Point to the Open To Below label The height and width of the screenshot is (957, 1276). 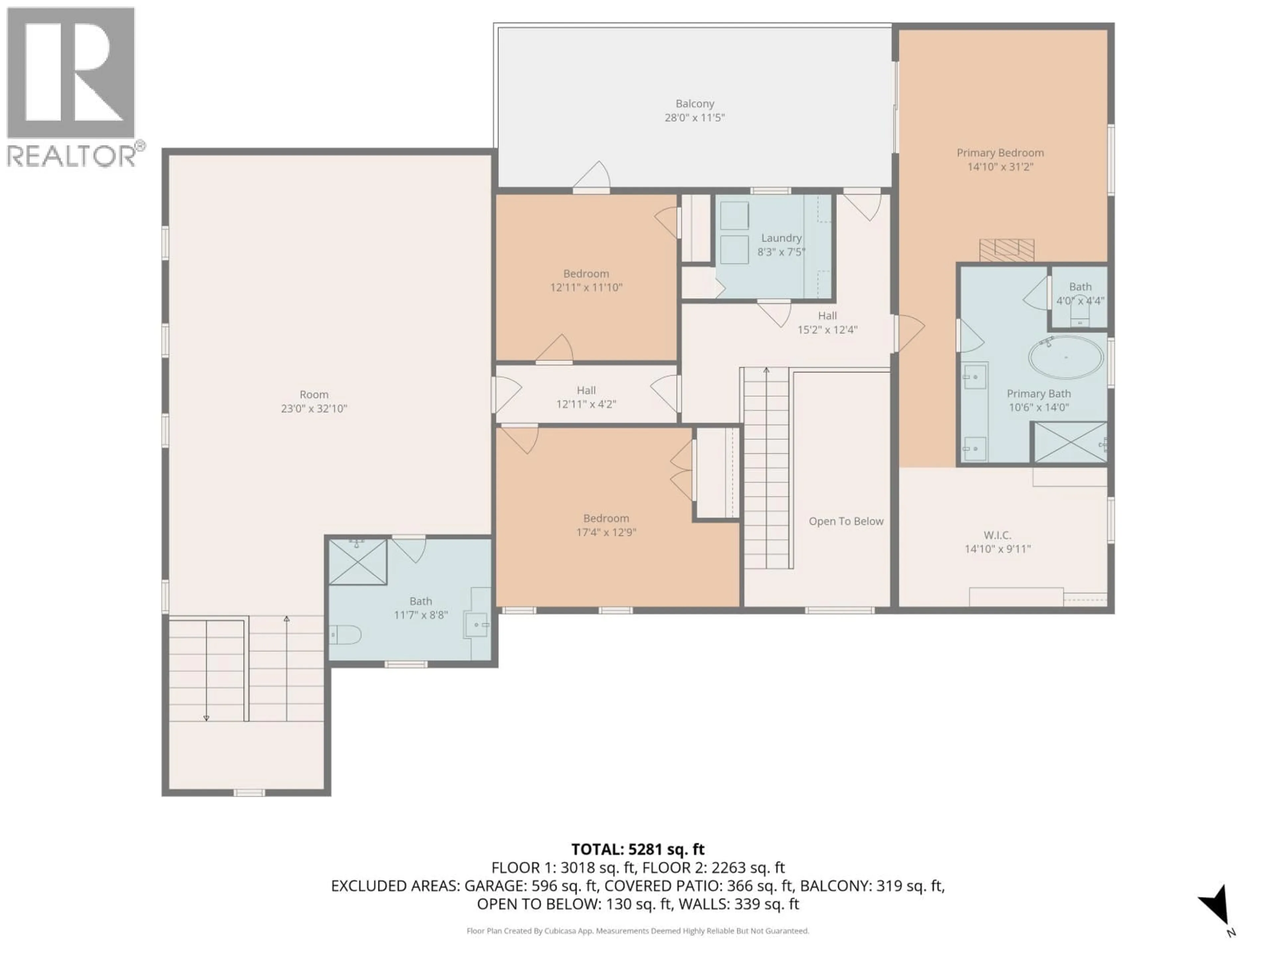[846, 521]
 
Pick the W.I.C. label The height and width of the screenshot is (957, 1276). [998, 535]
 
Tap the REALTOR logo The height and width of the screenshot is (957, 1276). [71, 86]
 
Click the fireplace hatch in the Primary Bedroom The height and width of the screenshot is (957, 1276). [1007, 250]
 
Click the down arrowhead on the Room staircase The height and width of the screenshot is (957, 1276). [206, 718]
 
